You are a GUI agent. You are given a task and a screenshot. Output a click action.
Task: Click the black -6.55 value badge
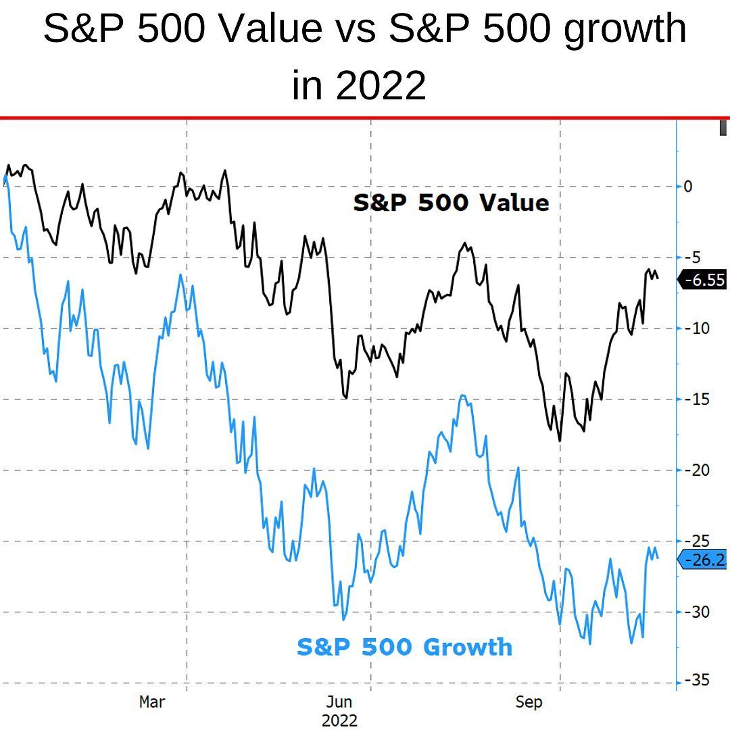tap(704, 280)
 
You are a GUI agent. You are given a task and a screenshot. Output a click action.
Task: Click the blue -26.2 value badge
tap(705, 560)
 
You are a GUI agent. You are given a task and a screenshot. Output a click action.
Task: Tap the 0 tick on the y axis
tap(688, 186)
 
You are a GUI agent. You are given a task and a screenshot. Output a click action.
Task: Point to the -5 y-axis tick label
tap(692, 257)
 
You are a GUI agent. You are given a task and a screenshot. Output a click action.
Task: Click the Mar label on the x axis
tap(151, 702)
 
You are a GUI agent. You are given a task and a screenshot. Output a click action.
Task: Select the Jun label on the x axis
tap(339, 702)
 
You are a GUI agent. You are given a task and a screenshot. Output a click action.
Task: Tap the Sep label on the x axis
tap(529, 702)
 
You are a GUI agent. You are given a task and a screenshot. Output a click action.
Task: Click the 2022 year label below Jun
tap(339, 720)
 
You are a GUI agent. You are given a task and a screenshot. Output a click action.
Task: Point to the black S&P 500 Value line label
tap(451, 202)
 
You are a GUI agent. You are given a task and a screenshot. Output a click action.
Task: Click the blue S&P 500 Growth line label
tap(404, 647)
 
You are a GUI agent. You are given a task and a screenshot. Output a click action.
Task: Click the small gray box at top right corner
tap(723, 127)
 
